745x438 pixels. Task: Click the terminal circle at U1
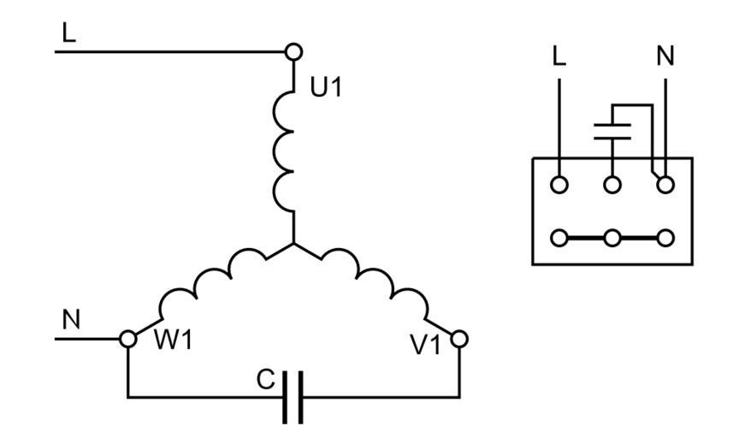pos(293,52)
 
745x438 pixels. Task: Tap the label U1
pos(326,87)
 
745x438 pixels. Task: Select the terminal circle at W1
pos(128,339)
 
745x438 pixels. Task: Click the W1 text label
pos(174,340)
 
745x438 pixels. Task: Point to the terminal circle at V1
pos(459,339)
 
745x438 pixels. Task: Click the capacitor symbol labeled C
pos(293,398)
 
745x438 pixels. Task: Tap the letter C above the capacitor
pos(266,377)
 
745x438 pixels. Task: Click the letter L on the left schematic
pos(69,33)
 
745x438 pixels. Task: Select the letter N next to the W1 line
pos(72,319)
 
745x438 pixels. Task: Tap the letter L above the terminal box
pos(559,56)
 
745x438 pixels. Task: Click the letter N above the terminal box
pos(665,56)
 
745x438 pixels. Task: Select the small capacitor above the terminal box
pos(612,130)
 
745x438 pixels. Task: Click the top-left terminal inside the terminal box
pos(559,184)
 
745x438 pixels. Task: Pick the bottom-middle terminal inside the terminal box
pos(612,238)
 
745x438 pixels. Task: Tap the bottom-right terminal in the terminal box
pos(665,238)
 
